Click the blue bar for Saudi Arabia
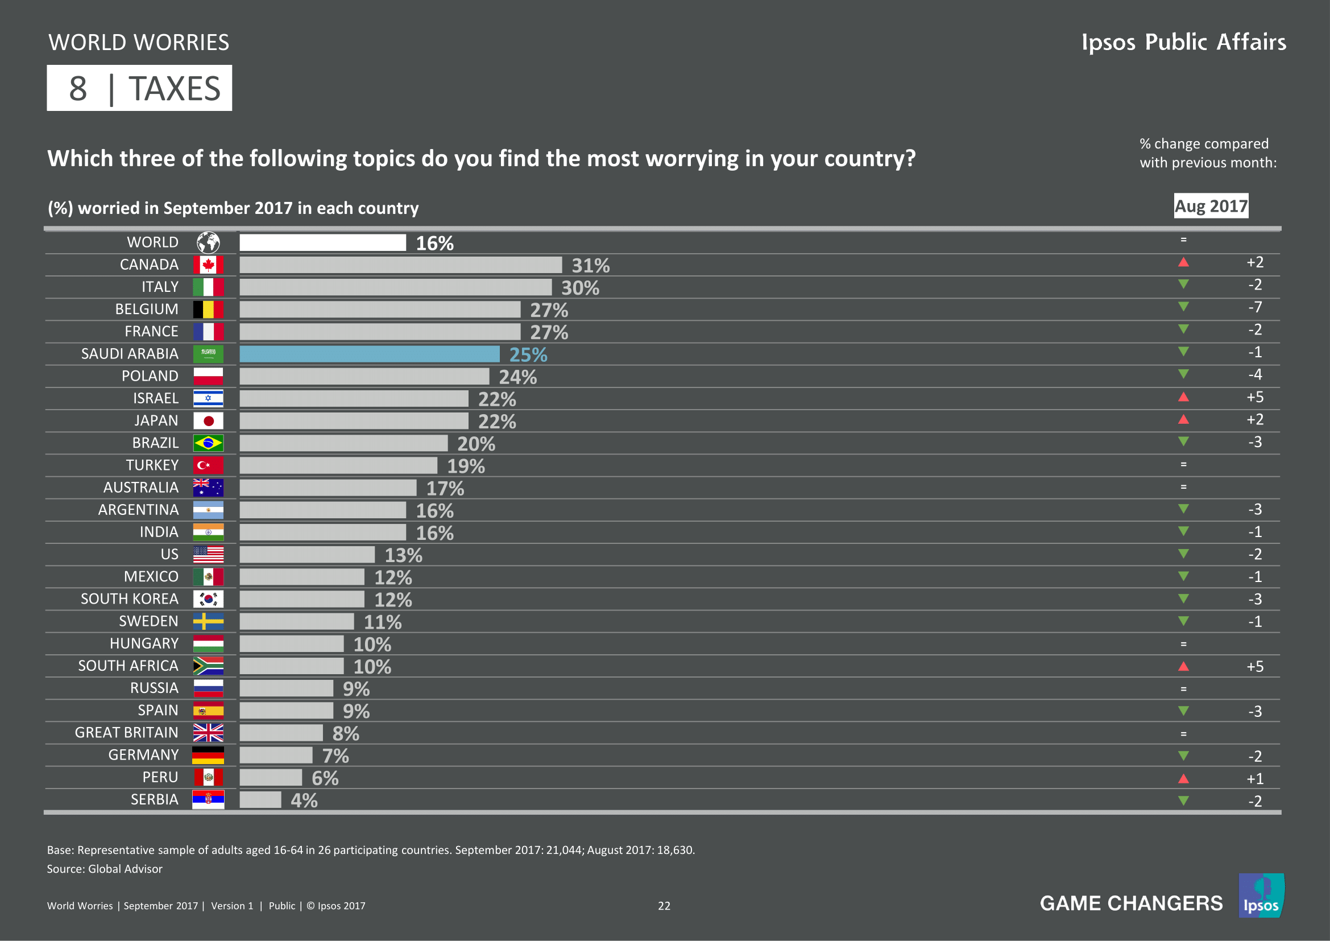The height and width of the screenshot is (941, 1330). click(369, 354)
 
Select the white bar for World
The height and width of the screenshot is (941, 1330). click(322, 243)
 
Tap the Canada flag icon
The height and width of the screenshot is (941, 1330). click(208, 265)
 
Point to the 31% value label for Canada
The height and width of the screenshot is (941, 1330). click(590, 265)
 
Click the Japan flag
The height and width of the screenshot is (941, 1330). click(208, 420)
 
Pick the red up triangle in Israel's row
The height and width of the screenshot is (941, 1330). click(1183, 397)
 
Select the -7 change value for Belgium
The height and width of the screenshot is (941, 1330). click(1255, 307)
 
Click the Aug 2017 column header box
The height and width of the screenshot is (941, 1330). click(1211, 206)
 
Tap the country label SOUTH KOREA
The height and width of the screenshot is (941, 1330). click(129, 599)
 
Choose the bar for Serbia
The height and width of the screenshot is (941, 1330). click(260, 799)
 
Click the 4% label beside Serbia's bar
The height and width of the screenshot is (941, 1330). click(304, 800)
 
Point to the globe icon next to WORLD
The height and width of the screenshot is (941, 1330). click(208, 242)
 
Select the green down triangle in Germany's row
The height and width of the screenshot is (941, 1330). click(1183, 756)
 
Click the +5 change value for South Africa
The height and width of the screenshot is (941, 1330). click(1255, 666)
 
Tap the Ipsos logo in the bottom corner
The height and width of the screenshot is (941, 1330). click(1261, 896)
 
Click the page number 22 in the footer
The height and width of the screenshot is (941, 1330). click(664, 906)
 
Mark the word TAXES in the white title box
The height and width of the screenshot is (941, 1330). click(175, 89)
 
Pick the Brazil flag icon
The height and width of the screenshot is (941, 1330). click(208, 443)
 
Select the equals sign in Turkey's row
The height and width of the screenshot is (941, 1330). click(1183, 465)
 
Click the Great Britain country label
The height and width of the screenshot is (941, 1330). click(126, 732)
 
